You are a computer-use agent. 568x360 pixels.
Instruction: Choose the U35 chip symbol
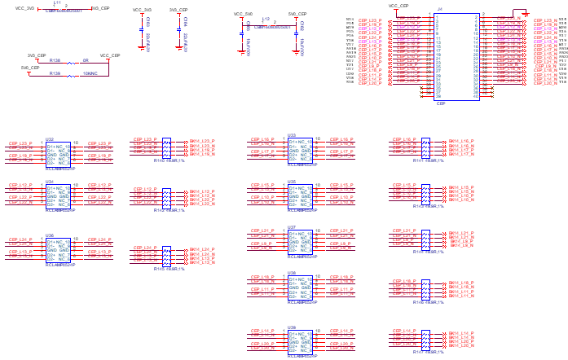(300, 193)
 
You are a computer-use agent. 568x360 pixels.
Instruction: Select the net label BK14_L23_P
(201, 141)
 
